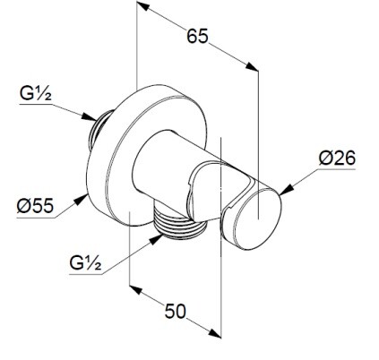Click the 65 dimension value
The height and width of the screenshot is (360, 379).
[197, 36]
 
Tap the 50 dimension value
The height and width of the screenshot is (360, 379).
[175, 311]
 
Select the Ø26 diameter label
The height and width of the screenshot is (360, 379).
[337, 158]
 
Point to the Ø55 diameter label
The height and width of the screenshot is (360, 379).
[35, 206]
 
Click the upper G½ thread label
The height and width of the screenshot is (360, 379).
[36, 93]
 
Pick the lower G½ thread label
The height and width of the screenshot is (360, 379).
[85, 262]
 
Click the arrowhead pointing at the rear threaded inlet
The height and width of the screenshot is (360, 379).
[90, 116]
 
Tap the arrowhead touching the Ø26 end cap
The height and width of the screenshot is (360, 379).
[286, 190]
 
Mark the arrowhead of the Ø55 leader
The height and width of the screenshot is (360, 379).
[81, 200]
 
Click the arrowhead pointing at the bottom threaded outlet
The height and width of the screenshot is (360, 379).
[156, 239]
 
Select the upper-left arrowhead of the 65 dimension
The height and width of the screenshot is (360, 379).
[143, 5]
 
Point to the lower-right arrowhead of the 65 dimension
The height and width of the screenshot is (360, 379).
[252, 66]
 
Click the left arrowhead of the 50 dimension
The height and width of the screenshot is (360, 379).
[135, 290]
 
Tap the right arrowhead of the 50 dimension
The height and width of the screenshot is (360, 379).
[215, 333]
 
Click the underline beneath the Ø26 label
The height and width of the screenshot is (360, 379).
[336, 169]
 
